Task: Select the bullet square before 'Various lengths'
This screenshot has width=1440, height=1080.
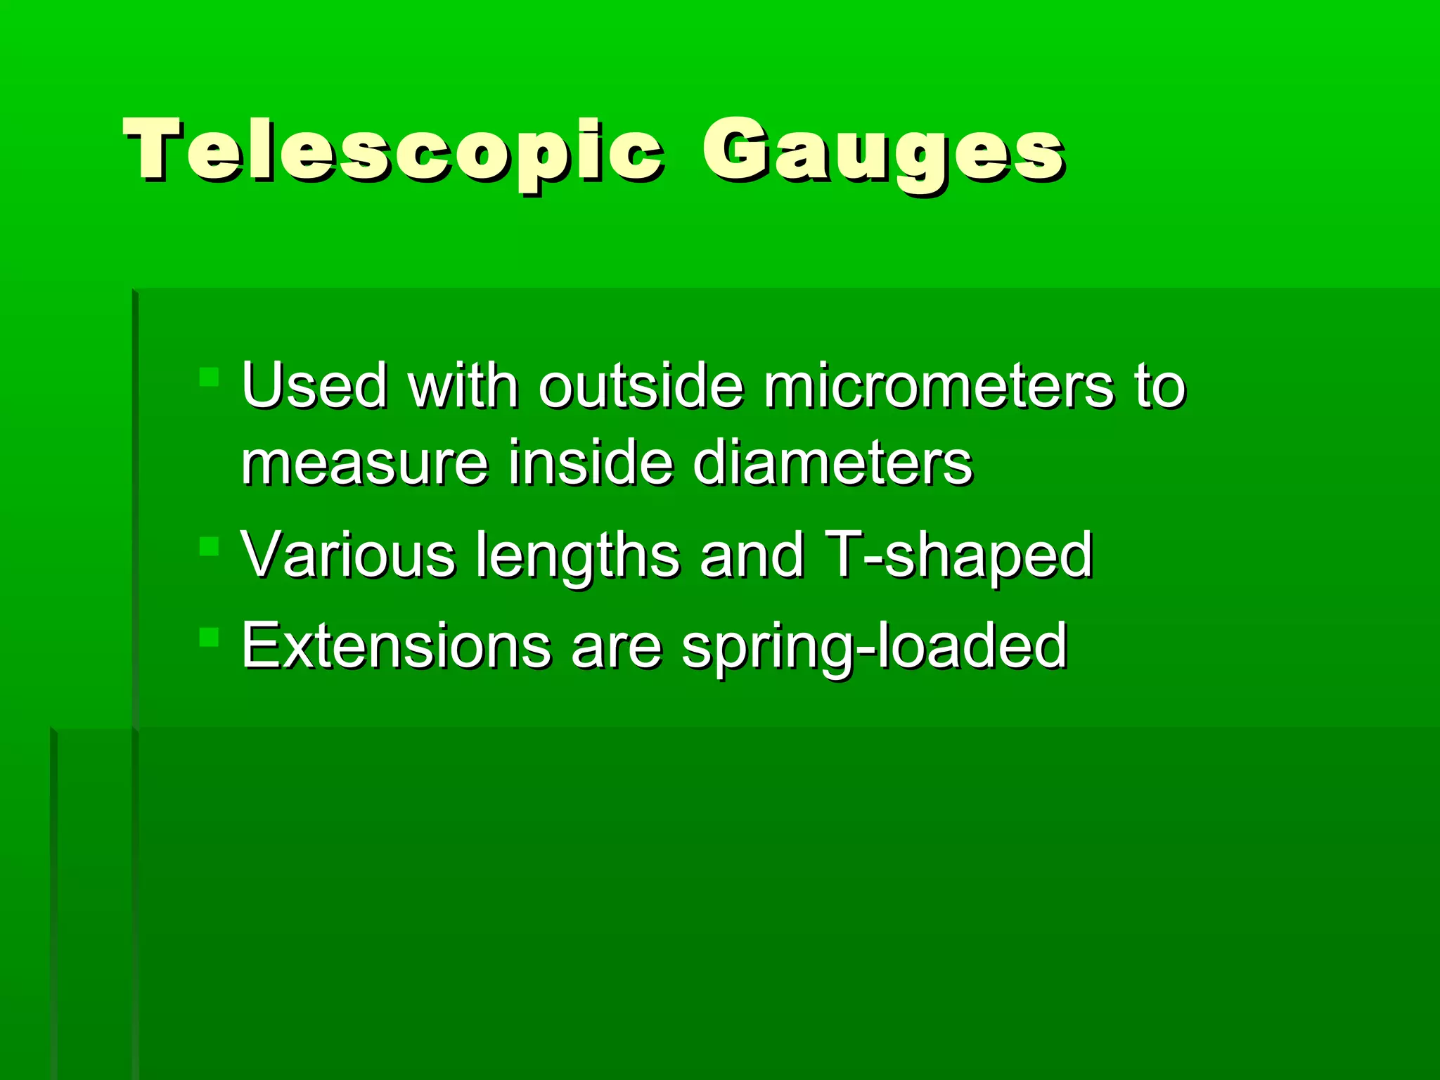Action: point(209,546)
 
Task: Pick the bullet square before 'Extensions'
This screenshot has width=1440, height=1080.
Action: point(209,637)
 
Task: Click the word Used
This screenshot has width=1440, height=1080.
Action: point(314,385)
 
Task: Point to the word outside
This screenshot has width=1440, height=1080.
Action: point(641,385)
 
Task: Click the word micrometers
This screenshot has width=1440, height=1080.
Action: point(939,385)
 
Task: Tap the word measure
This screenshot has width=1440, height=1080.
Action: point(364,464)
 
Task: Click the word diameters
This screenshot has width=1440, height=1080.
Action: point(832,463)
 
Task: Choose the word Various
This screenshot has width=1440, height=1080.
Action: point(348,555)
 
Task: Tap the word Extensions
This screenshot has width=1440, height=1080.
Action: point(396,645)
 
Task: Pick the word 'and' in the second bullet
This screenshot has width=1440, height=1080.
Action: point(751,555)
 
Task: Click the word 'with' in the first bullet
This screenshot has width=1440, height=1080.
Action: point(463,385)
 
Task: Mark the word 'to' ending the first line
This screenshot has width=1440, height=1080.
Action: point(1159,387)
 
